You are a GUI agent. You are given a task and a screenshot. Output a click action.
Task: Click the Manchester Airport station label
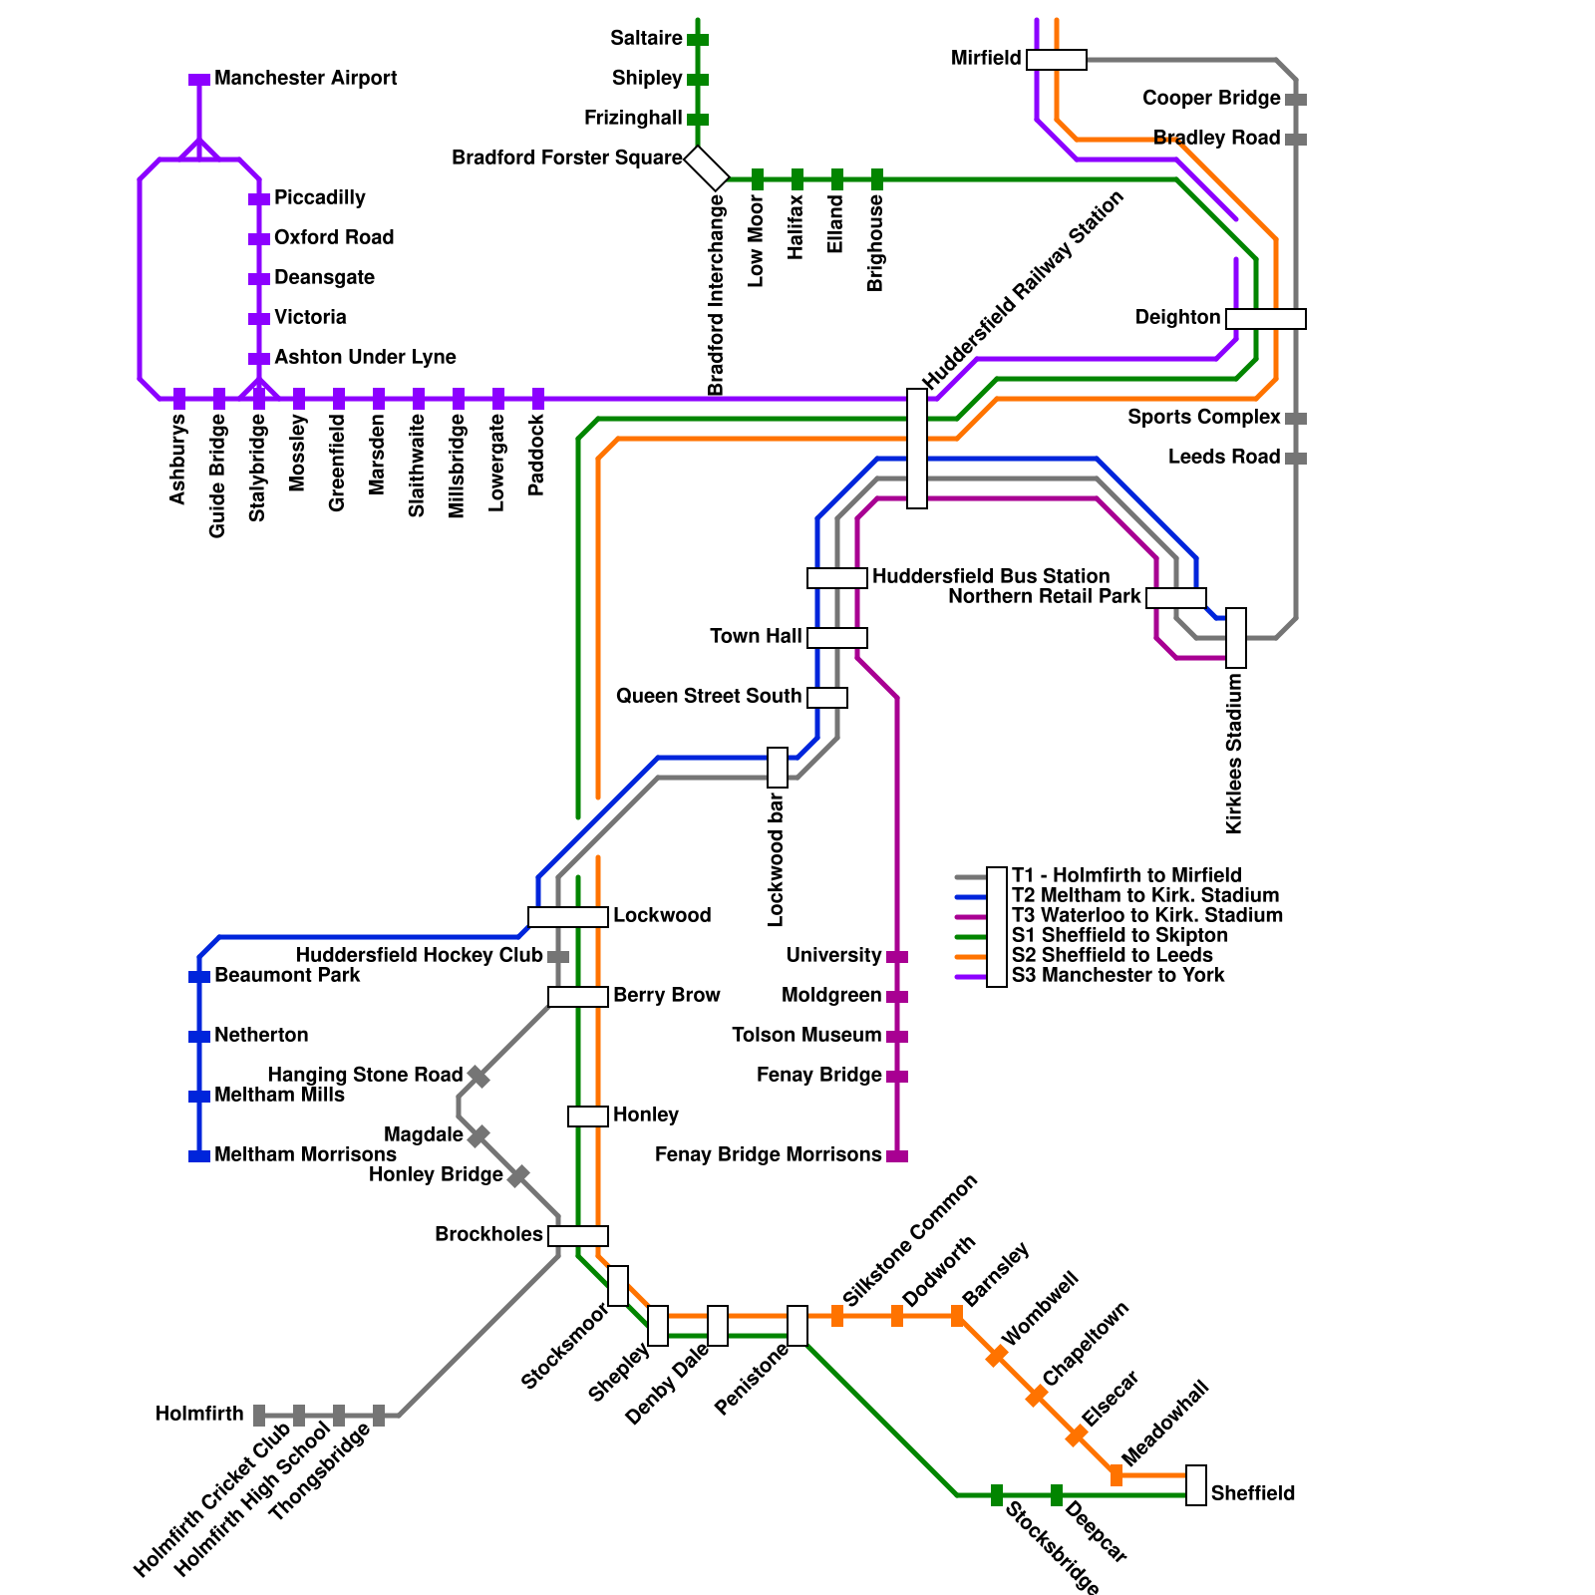click(305, 79)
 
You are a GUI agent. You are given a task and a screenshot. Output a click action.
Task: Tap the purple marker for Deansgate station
click(259, 279)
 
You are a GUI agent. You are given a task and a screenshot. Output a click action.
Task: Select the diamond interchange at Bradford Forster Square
click(707, 168)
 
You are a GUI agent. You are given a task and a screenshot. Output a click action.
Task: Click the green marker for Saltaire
click(698, 40)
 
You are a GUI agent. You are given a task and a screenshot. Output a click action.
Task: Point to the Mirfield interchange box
click(1057, 60)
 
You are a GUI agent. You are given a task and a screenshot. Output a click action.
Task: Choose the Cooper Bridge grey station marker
click(1296, 100)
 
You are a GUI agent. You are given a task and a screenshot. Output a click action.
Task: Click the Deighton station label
click(1177, 318)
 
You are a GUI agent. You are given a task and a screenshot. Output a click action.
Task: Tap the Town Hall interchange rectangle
click(837, 638)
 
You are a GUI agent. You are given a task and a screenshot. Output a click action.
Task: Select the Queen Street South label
click(708, 697)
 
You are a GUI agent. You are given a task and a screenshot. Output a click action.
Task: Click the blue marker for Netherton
click(199, 1037)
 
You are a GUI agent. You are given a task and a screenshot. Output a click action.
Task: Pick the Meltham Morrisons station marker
click(199, 1156)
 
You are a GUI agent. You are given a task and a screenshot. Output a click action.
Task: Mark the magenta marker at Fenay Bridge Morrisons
click(897, 1156)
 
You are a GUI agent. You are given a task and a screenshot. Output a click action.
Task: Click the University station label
click(833, 956)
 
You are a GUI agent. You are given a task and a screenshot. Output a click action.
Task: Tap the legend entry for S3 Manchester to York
click(1117, 976)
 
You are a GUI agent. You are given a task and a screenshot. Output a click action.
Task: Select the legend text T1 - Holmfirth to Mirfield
click(1125, 876)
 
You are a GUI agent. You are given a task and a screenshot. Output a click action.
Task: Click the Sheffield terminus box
click(1196, 1485)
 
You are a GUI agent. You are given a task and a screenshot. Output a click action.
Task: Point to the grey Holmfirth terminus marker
click(259, 1416)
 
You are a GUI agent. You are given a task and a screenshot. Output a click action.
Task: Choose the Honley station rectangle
click(588, 1116)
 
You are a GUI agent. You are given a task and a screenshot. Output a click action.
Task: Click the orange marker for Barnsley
click(957, 1316)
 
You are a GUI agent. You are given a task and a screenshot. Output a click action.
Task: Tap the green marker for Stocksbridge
click(997, 1495)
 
